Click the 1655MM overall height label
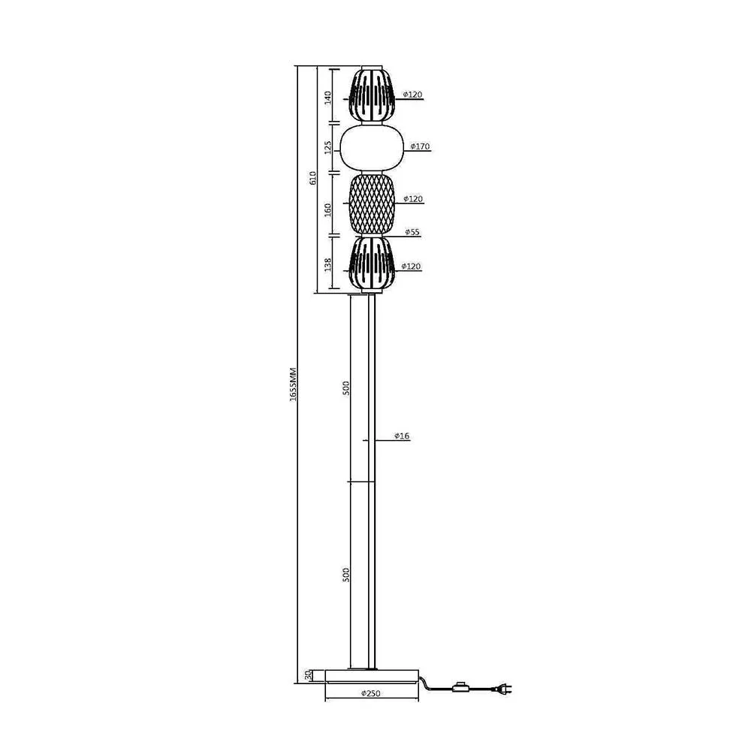pyautogui.click(x=294, y=385)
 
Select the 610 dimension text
pyautogui.click(x=312, y=178)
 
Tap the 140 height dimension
pyautogui.click(x=328, y=98)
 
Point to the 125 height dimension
pyautogui.click(x=328, y=147)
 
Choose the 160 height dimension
pyautogui.click(x=328, y=210)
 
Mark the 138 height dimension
pyautogui.click(x=328, y=264)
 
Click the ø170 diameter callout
pyautogui.click(x=420, y=146)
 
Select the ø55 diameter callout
pyautogui.click(x=412, y=232)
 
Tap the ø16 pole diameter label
pyautogui.click(x=402, y=436)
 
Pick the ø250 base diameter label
pyautogui.click(x=371, y=693)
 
